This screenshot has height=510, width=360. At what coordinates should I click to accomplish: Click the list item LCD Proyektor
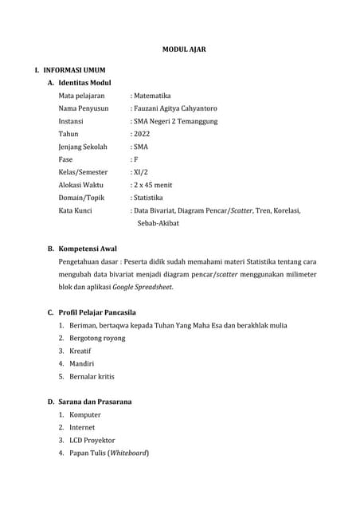92,440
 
